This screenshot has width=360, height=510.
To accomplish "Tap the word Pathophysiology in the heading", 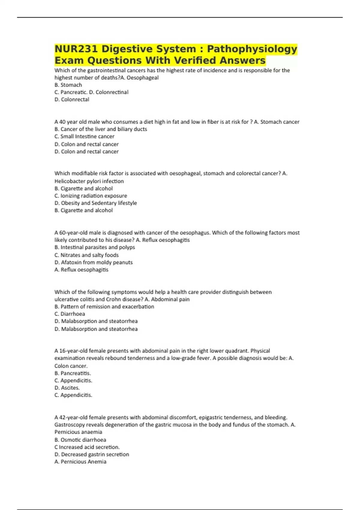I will [x=252, y=49].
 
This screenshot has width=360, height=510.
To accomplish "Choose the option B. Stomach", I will [x=68, y=85].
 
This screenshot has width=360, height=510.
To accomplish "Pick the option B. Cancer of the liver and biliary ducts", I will [x=101, y=129].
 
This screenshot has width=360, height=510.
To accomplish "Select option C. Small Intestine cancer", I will [x=84, y=136].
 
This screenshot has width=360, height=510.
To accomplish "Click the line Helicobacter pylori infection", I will [x=89, y=181].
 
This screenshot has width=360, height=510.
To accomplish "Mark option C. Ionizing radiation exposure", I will [x=91, y=196].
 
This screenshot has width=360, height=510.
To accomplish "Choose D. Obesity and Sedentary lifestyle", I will [x=96, y=203].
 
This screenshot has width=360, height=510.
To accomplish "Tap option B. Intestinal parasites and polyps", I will [x=95, y=247].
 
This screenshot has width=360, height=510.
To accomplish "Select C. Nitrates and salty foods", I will [x=86, y=255].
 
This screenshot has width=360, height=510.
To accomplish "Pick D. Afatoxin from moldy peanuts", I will [x=94, y=262].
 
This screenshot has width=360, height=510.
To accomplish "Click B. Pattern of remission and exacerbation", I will [x=104, y=307].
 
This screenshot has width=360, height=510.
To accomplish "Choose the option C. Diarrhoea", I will [x=70, y=314].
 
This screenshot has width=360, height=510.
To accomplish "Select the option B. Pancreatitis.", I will [x=73, y=373].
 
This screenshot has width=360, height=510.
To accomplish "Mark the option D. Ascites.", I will [x=67, y=388].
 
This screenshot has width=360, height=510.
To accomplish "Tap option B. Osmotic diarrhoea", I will [x=80, y=440].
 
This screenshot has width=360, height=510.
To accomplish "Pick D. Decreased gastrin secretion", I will [x=92, y=454].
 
